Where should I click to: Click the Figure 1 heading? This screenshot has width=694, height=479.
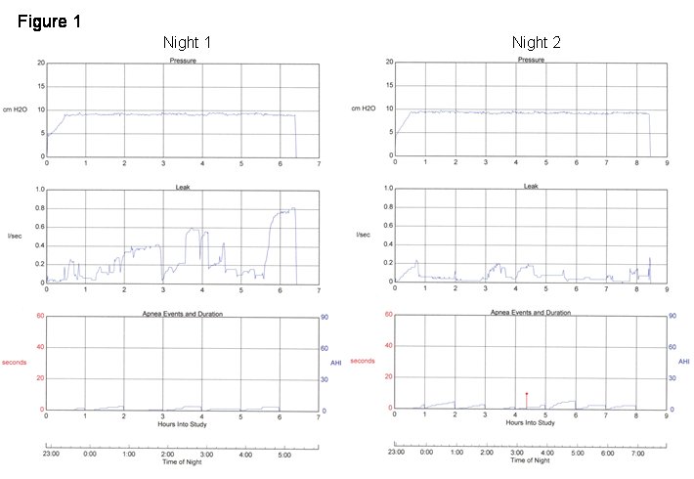[x=49, y=21]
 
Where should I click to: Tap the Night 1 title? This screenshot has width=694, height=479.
[x=186, y=42]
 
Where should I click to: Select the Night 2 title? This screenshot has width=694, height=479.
[x=536, y=42]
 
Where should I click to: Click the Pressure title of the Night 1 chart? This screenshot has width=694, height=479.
[x=183, y=61]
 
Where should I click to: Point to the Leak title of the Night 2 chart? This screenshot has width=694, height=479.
[x=531, y=186]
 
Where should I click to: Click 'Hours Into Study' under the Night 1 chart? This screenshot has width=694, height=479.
[x=183, y=422]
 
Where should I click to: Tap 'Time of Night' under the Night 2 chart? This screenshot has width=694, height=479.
[x=531, y=460]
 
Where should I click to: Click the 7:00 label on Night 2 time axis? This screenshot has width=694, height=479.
[x=637, y=454]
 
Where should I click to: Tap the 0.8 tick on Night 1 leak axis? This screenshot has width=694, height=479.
[x=38, y=208]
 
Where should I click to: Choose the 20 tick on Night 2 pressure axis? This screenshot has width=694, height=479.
[x=387, y=63]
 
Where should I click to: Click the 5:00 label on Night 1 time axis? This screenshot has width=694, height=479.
[x=285, y=454]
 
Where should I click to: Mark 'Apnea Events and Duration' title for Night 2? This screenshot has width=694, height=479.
[x=531, y=313]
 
